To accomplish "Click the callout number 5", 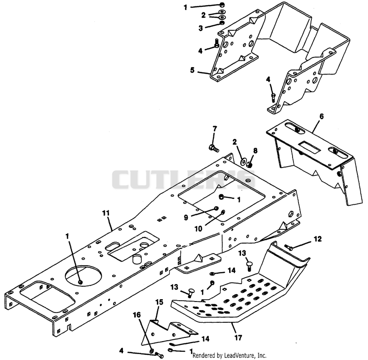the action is coord(192,70).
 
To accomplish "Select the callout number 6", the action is coord(322,116).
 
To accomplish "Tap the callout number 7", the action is coord(215,129).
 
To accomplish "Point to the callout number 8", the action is coord(255,151).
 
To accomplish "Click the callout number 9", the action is coord(186,217).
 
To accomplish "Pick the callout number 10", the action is coord(198,228).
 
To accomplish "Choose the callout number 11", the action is coord(106,213).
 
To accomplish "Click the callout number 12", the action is coord(317,239).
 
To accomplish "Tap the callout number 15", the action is coord(159,302).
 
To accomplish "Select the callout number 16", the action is coord(137,315).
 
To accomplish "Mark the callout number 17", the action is coord(238,338).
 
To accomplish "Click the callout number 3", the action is coord(201,28).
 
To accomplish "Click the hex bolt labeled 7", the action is coord(213,148).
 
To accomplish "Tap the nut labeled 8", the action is coord(250,165).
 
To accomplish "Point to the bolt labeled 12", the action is coord(289,247).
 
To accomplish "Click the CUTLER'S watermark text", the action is coord(183,180).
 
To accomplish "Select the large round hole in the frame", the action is coord(84,276).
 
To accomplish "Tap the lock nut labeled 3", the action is coord(222,23).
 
